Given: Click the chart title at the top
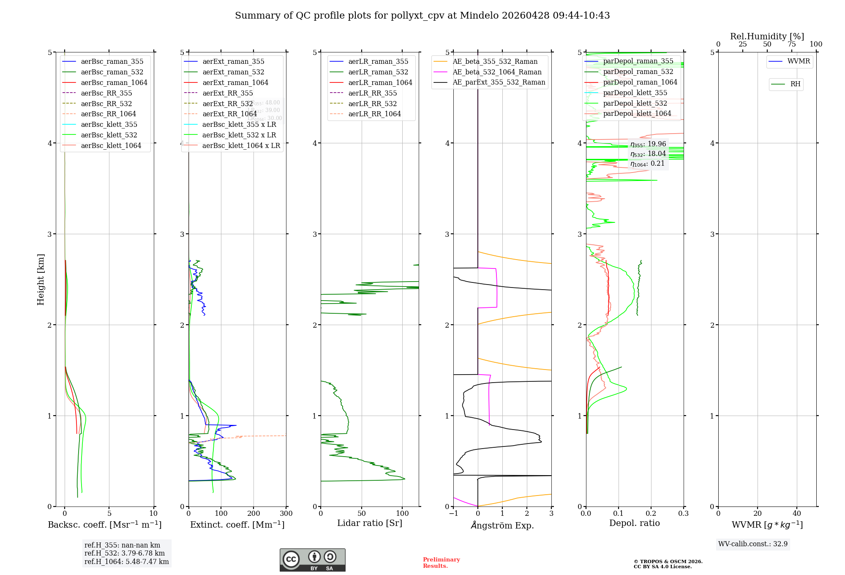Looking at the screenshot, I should coord(422,16).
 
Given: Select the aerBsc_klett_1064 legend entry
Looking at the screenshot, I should coord(111,145).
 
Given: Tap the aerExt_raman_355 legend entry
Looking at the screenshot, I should coord(233,61).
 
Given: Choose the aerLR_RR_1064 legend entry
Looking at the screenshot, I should coord(374,114).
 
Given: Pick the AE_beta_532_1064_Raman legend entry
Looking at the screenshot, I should coord(497,72).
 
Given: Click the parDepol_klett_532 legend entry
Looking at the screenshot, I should coord(635,103).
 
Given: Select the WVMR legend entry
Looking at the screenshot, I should coord(799,61).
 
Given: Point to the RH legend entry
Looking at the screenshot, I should coord(795,84).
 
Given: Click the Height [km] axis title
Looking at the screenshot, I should coord(41,279).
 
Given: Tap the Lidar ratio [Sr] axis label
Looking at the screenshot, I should coord(370,523).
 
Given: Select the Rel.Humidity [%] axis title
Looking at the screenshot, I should coord(767,36).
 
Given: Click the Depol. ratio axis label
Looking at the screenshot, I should coord(634,523).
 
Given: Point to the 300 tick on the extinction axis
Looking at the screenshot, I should coord(286,514).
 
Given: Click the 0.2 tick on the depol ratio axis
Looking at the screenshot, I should coord(651,514).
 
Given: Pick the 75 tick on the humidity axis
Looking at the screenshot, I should coord(791,44).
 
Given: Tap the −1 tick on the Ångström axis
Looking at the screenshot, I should coord(453,514).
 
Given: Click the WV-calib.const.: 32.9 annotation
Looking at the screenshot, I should coord(753,544).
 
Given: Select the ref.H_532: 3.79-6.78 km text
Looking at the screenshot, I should coord(125,553).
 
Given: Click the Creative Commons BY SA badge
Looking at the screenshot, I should coord(312,560).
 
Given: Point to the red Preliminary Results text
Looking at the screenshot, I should coord(441,563).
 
